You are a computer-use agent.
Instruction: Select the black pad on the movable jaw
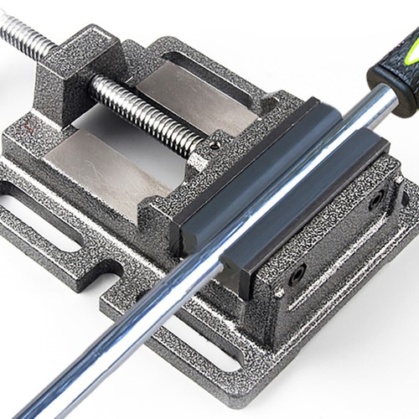tap(251, 168)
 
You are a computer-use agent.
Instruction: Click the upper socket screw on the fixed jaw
tap(376, 199)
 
